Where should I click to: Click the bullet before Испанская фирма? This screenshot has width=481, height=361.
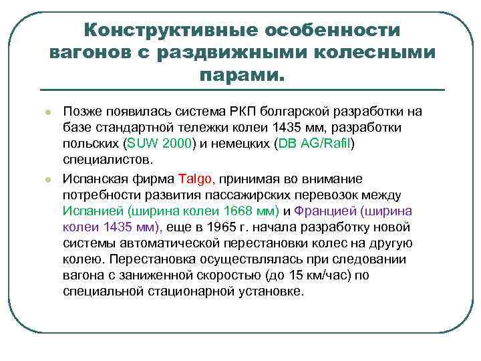[40, 179]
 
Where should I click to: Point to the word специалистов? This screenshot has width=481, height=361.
[108, 160]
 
